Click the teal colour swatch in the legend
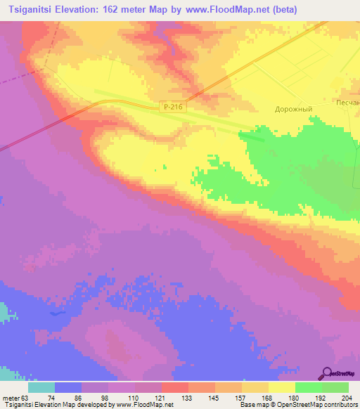point(41,387)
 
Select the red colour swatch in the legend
point(174,387)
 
